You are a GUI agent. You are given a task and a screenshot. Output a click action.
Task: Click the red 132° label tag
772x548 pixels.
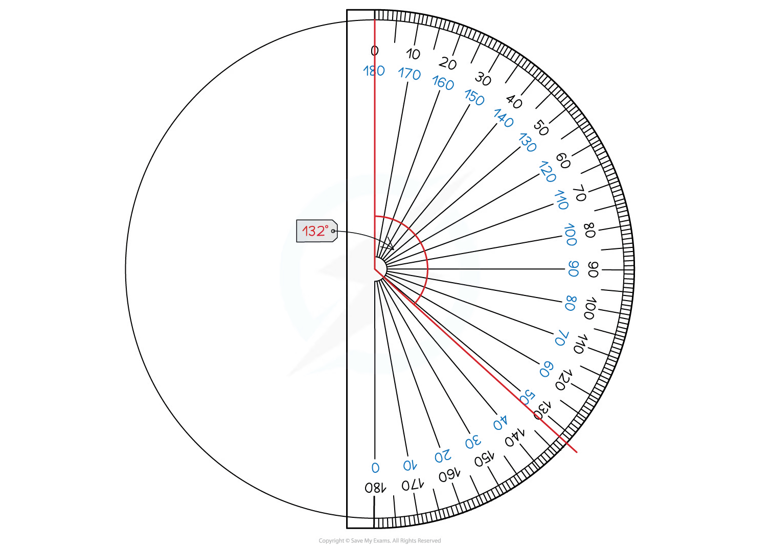[316, 231]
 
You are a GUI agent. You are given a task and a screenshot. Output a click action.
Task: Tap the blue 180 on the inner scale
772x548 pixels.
[374, 71]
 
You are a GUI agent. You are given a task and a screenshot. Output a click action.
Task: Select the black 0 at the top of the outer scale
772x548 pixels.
[375, 51]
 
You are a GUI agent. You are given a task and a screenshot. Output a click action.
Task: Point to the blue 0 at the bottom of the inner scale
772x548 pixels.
[375, 468]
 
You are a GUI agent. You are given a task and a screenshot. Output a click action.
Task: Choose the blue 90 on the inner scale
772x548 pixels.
[574, 269]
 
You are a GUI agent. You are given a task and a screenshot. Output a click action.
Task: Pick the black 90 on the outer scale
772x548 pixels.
[593, 269]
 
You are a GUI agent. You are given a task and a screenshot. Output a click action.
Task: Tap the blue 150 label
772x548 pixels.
[474, 97]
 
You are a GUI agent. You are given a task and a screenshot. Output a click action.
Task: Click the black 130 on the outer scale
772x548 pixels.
[542, 410]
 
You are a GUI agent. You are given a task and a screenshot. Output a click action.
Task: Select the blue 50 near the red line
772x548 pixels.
[527, 397]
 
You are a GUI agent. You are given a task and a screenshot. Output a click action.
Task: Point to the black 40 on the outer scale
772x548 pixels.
[514, 102]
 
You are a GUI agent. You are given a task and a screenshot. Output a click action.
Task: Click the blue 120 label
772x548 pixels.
[547, 171]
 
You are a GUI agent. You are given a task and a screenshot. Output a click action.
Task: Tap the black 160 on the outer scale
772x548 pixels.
[449, 475]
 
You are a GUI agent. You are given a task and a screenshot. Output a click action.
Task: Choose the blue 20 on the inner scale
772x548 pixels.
[443, 455]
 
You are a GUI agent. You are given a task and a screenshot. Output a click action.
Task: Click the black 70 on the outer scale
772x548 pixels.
[580, 193]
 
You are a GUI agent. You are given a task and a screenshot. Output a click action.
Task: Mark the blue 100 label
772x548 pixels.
[570, 235]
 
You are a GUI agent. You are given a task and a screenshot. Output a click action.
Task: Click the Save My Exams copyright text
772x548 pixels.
[379, 540]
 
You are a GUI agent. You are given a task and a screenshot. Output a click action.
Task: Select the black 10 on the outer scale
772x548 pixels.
[413, 54]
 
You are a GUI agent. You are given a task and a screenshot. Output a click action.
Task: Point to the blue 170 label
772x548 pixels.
[410, 74]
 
